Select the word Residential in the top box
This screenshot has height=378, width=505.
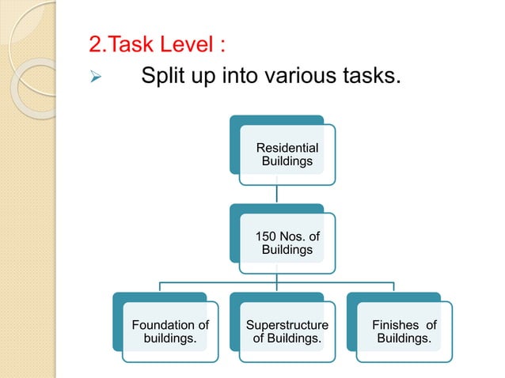pos(287,148)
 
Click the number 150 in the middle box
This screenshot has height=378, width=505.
pos(266,236)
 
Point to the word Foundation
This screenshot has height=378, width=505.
pos(161,325)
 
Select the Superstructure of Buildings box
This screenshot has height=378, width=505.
pos(286,331)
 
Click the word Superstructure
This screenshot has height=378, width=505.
pos(287,325)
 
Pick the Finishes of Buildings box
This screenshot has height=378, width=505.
pos(403,331)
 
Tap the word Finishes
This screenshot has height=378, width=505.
pos(393,325)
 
